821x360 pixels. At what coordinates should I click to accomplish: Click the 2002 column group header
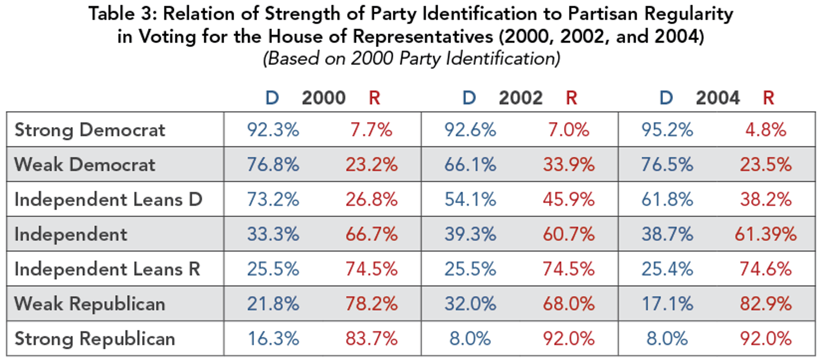(x=520, y=98)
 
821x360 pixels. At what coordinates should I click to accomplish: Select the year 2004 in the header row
(x=718, y=98)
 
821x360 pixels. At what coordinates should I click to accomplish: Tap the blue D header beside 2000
(x=272, y=98)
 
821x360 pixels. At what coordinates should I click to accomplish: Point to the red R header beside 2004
(x=768, y=98)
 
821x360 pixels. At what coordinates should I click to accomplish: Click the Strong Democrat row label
(x=90, y=130)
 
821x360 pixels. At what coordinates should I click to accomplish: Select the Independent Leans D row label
(x=108, y=200)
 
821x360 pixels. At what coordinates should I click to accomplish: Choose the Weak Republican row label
(x=90, y=304)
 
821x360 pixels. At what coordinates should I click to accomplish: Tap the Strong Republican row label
(x=95, y=338)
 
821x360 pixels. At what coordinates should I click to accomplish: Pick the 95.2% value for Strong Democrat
(x=667, y=130)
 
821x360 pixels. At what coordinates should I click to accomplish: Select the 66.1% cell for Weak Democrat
(x=470, y=165)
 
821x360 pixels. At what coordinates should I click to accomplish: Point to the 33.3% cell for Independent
(x=273, y=235)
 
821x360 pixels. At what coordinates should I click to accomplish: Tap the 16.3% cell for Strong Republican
(x=273, y=338)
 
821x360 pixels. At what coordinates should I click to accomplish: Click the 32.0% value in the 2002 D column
(x=470, y=304)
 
